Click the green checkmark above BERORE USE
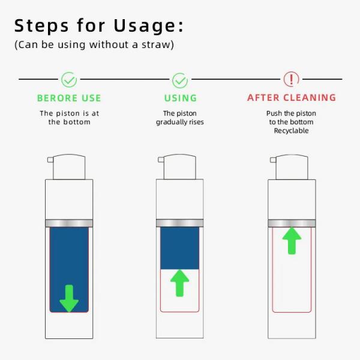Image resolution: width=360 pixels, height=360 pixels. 69,79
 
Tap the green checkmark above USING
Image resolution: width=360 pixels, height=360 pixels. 180,79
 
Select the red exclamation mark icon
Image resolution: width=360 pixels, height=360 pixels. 291,79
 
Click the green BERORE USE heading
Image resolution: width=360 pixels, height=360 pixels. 69,98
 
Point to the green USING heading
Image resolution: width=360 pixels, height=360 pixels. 180,98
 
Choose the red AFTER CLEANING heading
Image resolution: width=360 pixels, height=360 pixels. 292,97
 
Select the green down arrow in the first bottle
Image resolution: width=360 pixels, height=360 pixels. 69,298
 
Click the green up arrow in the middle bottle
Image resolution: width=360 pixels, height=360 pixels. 180,283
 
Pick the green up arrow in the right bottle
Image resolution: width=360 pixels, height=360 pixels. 292,240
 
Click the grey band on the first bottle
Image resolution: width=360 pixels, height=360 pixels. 69,223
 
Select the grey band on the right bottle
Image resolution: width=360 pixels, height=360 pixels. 292,223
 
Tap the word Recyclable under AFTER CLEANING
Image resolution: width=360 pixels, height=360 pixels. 292,131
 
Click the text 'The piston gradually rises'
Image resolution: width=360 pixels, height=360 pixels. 180,118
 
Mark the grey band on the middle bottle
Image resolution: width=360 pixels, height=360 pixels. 180,223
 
